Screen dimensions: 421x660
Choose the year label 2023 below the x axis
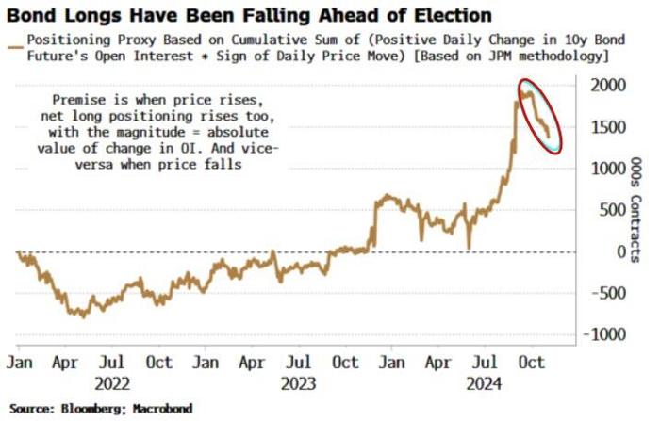click(297, 383)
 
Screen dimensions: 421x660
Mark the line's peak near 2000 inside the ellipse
click(523, 89)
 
